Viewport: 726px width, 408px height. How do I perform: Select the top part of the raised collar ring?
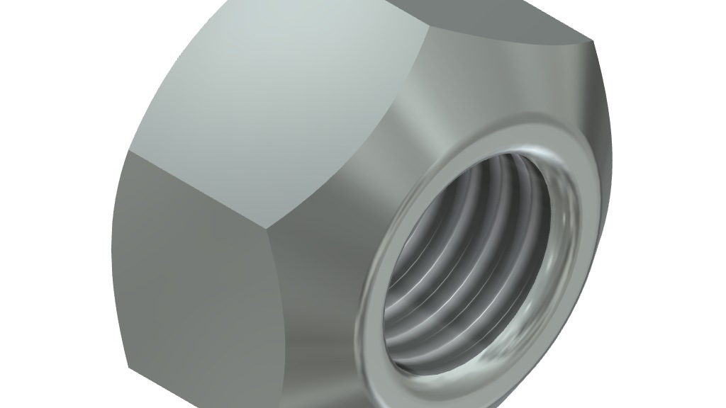(x=510, y=136)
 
